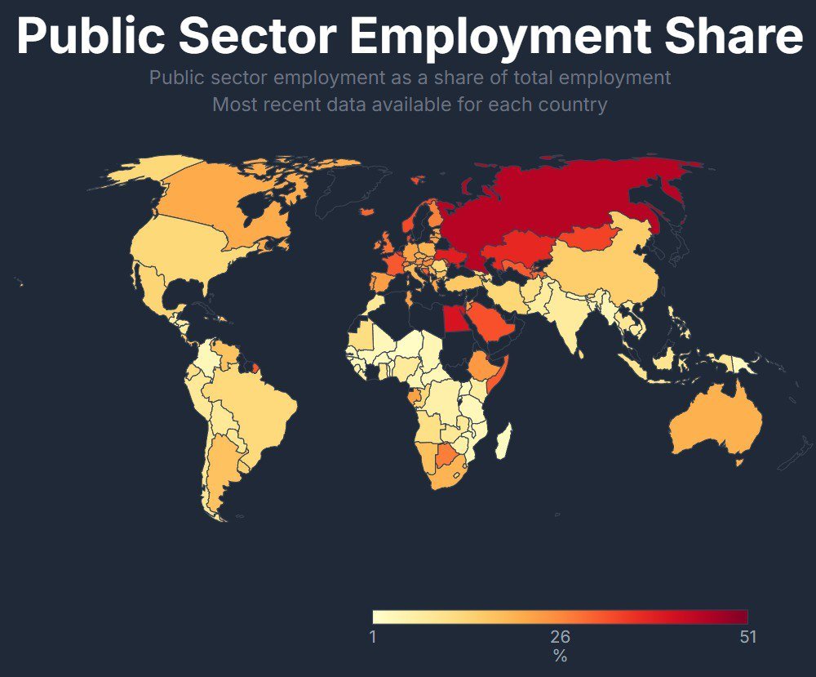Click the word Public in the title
(x=93, y=37)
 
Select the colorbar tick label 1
(x=373, y=637)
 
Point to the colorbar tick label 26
(x=560, y=637)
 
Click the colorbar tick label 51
(x=747, y=637)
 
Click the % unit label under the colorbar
(x=560, y=656)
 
